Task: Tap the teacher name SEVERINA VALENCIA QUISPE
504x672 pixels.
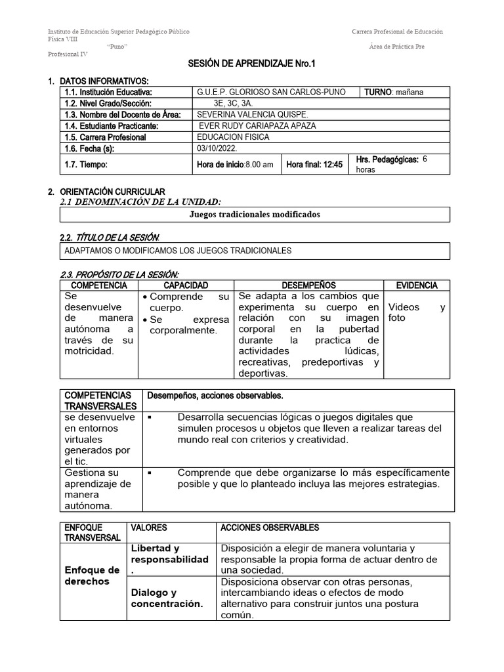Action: point(243,115)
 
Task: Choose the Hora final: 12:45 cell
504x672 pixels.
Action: point(314,165)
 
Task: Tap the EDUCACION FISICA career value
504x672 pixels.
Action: point(233,137)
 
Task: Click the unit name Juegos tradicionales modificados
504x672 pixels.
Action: point(255,215)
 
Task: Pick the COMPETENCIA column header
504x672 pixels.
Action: point(98,285)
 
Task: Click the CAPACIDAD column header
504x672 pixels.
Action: point(186,285)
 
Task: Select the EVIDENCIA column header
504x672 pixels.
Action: point(416,285)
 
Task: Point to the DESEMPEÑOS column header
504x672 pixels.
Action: point(308,285)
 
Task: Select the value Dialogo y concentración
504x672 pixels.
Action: point(167,598)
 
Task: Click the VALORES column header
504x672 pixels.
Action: point(149,528)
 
